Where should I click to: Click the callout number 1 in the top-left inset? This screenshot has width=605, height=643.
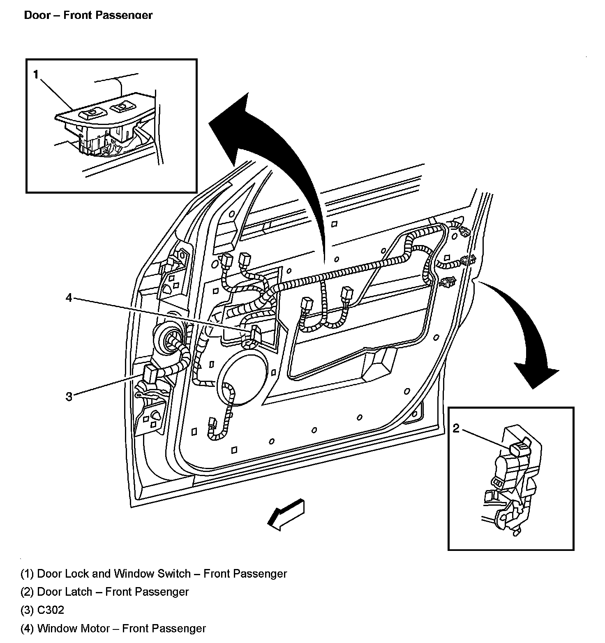coord(36,74)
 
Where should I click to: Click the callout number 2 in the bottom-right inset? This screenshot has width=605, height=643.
coord(456,428)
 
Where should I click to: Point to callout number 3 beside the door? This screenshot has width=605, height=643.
coord(69,397)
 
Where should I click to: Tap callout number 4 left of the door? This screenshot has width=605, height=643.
coord(69,297)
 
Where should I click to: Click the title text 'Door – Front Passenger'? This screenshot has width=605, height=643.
coord(88,15)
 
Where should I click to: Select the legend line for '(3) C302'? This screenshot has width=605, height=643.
coord(42,610)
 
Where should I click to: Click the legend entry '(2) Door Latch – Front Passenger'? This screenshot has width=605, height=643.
coord(105,592)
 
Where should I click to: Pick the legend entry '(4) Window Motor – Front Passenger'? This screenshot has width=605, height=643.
coord(113,628)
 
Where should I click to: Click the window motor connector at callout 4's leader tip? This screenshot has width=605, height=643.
coord(255,332)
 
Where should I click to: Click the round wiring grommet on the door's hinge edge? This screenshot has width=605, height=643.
coord(170,338)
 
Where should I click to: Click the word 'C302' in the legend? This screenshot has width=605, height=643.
coord(51,610)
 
